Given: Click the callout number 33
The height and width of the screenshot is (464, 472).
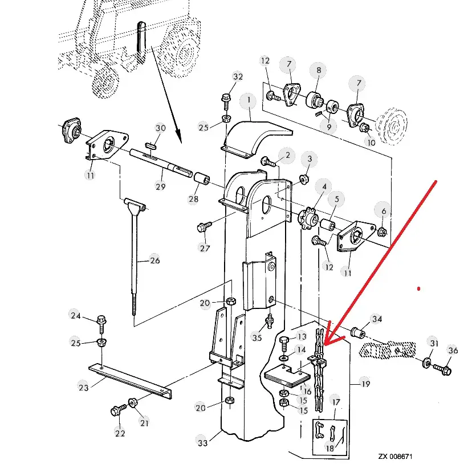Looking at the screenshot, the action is pos(202,442).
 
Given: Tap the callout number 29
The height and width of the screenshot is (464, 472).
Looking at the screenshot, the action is pos(160,187).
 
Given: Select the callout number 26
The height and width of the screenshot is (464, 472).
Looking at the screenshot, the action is pos(154,261).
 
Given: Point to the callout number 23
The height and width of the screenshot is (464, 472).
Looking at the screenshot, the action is pos(83,387).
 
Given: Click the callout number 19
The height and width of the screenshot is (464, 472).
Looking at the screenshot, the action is pos(365,384).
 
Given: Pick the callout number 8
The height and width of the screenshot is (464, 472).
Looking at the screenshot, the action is pos(319,71).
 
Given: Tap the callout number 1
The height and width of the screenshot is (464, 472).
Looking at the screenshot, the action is pos(249,100).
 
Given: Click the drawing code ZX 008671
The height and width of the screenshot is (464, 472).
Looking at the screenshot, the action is pos(395,456).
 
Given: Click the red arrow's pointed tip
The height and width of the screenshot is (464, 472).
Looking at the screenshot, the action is pos(325,344).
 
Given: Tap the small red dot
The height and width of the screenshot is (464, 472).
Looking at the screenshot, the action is pos(418,289).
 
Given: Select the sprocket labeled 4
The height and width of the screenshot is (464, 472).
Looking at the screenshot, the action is pos(308,218).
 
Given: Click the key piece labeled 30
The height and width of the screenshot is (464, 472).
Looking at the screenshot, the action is pos(151,146).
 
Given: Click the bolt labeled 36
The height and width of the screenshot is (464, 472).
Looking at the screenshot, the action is pos(442,369).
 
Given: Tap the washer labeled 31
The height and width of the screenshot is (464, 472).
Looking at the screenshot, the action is pos(426,363).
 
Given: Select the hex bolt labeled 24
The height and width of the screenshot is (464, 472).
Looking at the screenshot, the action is pos(101,324).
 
